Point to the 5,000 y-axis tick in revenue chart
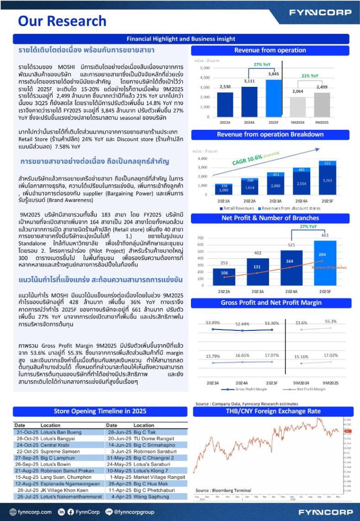[204, 68]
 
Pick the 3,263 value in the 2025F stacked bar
[328, 181]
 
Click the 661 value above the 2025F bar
[325, 235]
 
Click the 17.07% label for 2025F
[272, 356]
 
